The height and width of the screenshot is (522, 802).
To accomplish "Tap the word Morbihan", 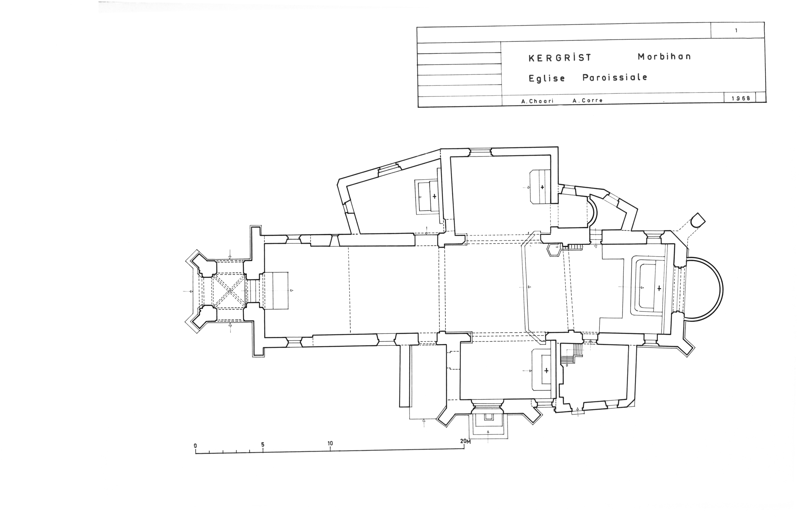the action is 664,57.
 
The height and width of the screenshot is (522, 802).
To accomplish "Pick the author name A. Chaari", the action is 537,101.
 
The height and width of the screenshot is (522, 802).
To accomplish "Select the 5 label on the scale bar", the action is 263,445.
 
